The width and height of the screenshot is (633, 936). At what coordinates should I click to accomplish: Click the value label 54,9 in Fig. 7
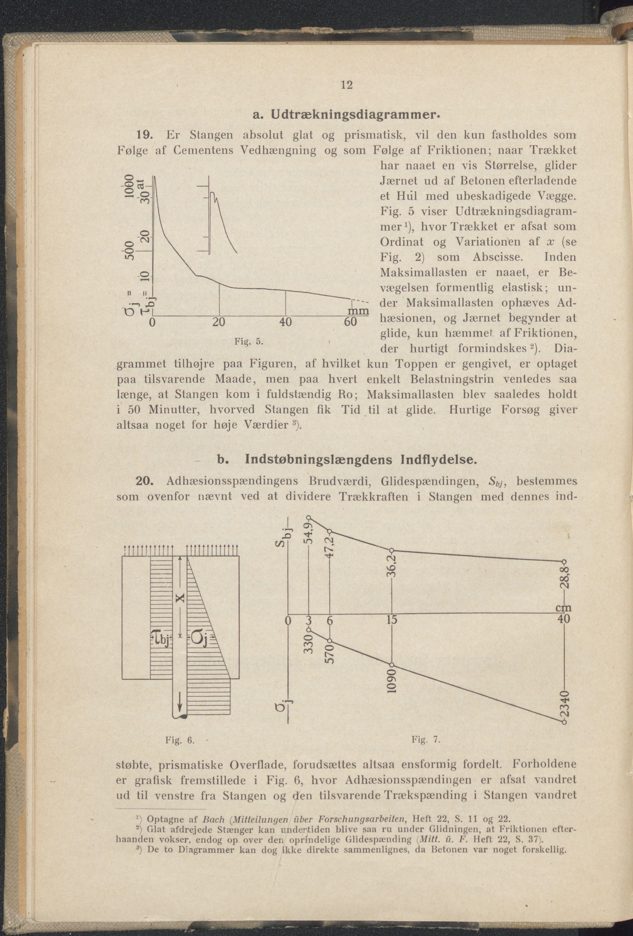point(309,533)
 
